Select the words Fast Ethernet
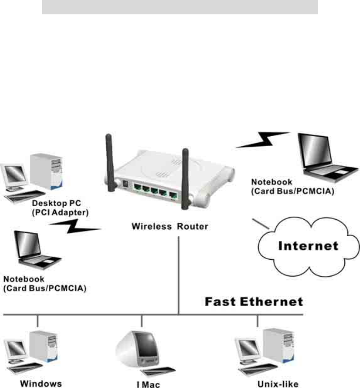254,301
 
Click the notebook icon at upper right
316,157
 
